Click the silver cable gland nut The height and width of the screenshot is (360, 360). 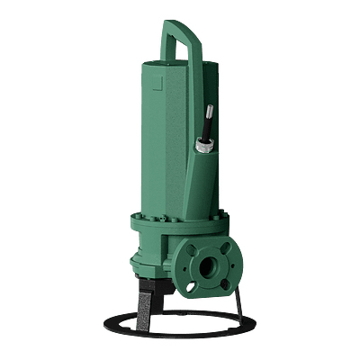tap(203, 143)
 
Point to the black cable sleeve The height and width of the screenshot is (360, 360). tap(207, 127)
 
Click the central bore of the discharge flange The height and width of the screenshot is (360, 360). tap(209, 266)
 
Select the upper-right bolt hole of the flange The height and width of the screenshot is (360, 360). tap(228, 249)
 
